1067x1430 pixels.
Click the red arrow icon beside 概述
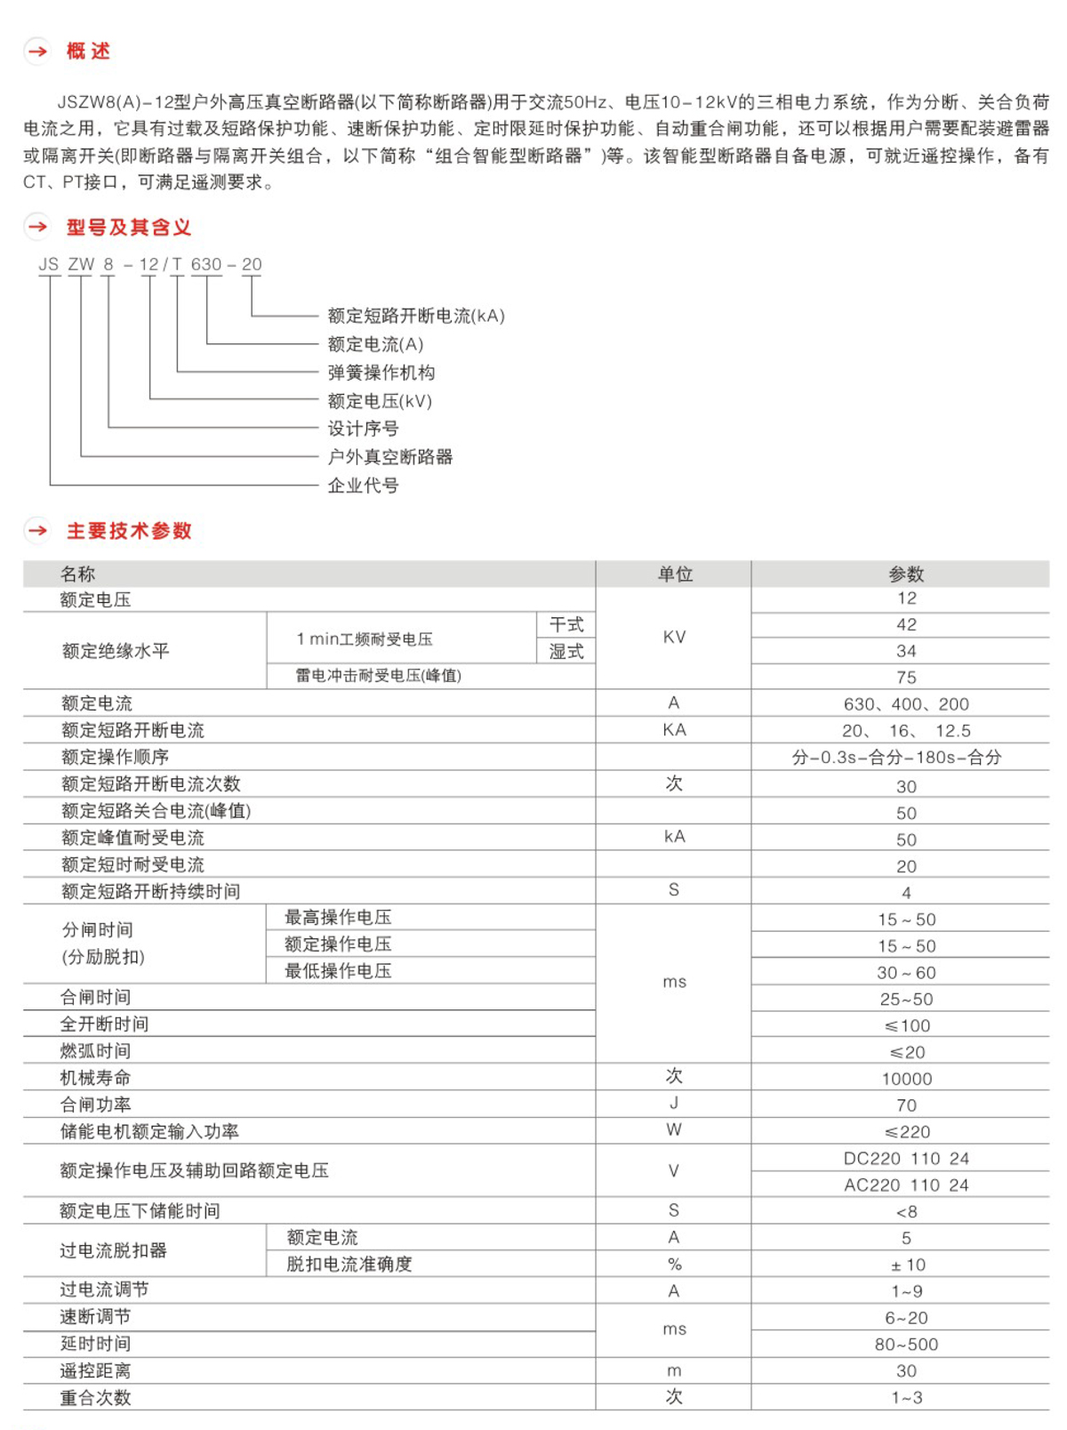(x=37, y=52)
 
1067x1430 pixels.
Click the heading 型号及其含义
(x=129, y=228)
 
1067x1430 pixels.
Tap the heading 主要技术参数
(x=129, y=531)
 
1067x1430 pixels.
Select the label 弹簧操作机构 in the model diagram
(x=381, y=373)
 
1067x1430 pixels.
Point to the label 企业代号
(x=363, y=486)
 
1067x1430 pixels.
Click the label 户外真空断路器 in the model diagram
(x=389, y=457)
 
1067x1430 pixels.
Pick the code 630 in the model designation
(x=206, y=264)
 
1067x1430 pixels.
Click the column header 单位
(x=675, y=574)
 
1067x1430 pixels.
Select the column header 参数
(x=906, y=574)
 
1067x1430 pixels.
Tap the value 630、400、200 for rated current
(x=906, y=704)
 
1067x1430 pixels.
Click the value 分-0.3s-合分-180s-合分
(x=896, y=758)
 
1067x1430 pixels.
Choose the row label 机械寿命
(x=95, y=1078)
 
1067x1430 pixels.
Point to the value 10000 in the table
(x=906, y=1079)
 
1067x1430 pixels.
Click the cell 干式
(x=566, y=625)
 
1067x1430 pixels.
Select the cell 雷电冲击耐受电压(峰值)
(x=378, y=676)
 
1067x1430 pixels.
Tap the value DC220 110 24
(x=906, y=1159)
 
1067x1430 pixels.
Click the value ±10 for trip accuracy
(x=906, y=1265)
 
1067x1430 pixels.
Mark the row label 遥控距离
(x=95, y=1371)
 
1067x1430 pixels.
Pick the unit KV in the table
(x=674, y=638)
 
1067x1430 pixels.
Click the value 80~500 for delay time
(x=906, y=1345)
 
